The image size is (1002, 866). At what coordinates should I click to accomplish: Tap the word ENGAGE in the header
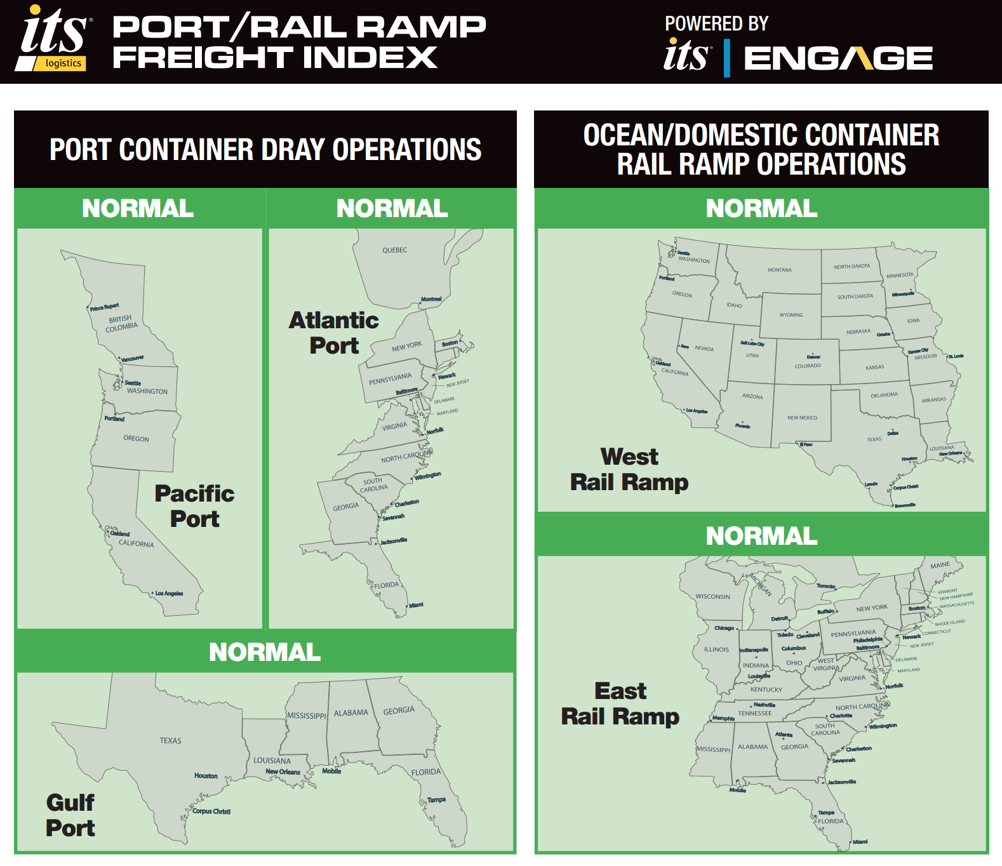838,58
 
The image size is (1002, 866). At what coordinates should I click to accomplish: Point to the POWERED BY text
716,23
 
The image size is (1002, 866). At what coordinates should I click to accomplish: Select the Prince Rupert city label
104,307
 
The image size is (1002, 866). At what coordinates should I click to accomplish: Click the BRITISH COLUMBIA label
121,323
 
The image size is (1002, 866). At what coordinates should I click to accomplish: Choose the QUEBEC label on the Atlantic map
394,250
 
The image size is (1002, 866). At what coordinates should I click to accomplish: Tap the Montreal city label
431,299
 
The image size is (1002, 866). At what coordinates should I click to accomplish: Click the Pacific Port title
194,506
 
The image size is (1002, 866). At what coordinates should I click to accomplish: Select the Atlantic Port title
334,333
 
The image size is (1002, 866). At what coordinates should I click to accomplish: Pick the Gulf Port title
70,815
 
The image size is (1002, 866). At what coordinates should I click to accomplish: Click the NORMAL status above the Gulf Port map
265,652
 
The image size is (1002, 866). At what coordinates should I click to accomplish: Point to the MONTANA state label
779,270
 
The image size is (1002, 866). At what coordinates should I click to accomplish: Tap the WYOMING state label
791,315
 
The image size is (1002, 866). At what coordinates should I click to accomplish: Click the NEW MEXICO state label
802,418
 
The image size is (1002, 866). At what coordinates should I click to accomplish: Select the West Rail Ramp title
629,469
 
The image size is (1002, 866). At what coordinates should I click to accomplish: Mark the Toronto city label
825,586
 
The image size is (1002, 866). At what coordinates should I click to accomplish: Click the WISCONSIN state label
712,597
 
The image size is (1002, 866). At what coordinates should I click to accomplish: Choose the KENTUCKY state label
766,689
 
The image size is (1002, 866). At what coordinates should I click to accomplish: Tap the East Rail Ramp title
620,703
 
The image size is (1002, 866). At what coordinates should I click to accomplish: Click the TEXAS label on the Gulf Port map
170,741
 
